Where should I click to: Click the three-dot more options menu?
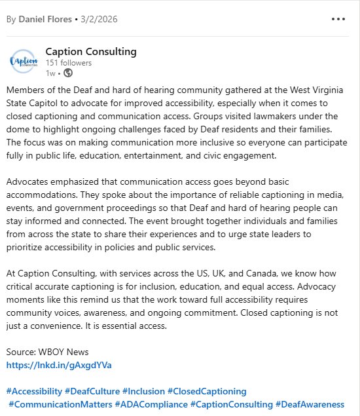(x=338, y=18)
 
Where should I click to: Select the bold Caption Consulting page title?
(x=91, y=52)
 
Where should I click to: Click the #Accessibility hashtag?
(x=34, y=391)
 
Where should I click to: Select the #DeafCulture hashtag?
(x=92, y=391)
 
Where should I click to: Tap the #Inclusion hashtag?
(x=144, y=391)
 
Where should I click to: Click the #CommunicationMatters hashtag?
(x=60, y=404)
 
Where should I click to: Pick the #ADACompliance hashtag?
(x=151, y=404)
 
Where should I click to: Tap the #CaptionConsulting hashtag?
(x=232, y=404)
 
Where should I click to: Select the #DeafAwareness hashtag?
(x=310, y=404)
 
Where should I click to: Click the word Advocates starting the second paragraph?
(x=27, y=181)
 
